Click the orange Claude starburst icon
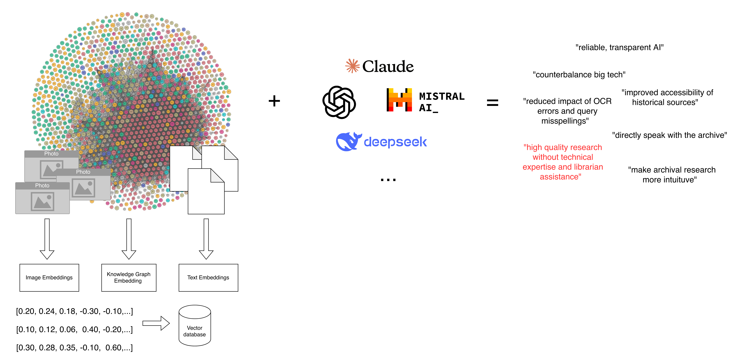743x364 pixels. pyautogui.click(x=352, y=66)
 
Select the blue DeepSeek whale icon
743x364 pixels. pyautogui.click(x=348, y=142)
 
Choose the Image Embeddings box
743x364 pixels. pyautogui.click(x=49, y=277)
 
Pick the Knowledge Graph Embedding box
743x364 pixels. pyautogui.click(x=129, y=277)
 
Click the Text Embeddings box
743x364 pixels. pyautogui.click(x=208, y=277)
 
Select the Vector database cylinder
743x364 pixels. pyautogui.click(x=195, y=326)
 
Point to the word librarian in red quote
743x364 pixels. pyautogui.click(x=588, y=167)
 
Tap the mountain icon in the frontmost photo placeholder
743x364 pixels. pyautogui.click(x=42, y=201)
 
